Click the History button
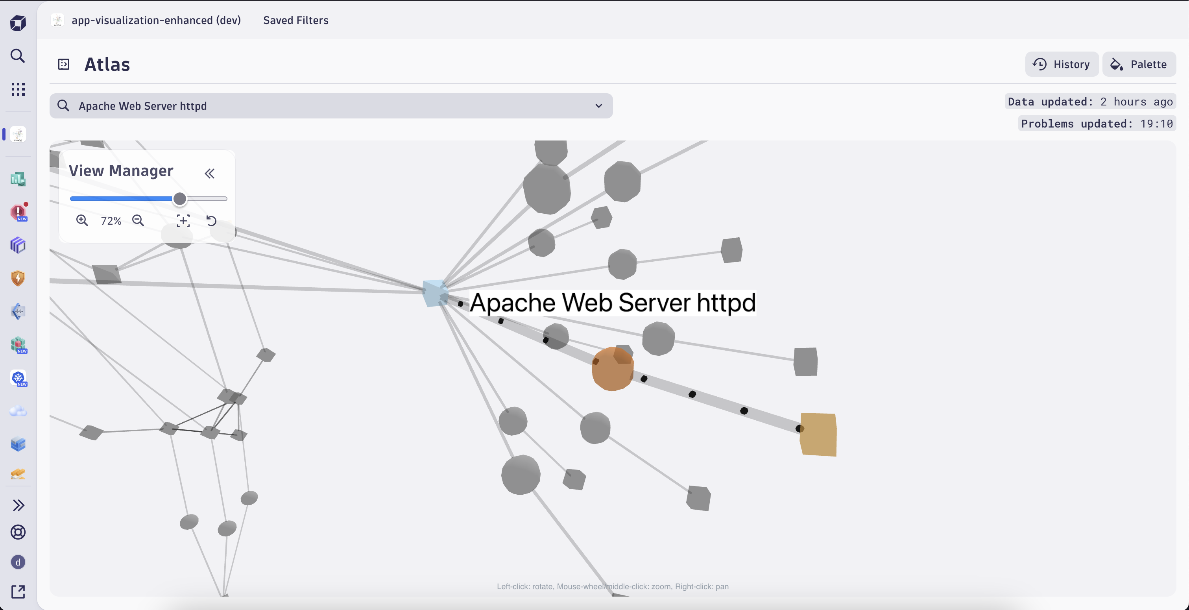(x=1062, y=64)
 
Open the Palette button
(x=1139, y=64)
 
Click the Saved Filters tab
(x=295, y=20)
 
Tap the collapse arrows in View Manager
(x=210, y=174)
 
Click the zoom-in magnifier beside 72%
(x=82, y=221)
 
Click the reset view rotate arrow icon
(x=211, y=221)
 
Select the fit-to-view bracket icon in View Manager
(x=183, y=221)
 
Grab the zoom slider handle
(x=179, y=199)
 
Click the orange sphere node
(x=612, y=370)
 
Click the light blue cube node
(x=434, y=293)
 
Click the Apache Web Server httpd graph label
(x=613, y=303)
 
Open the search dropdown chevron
(x=599, y=106)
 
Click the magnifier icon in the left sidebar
(x=18, y=56)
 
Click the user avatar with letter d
(x=18, y=562)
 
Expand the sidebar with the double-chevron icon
(x=18, y=505)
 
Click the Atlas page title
(x=107, y=65)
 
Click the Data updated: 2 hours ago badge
(x=1090, y=102)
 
